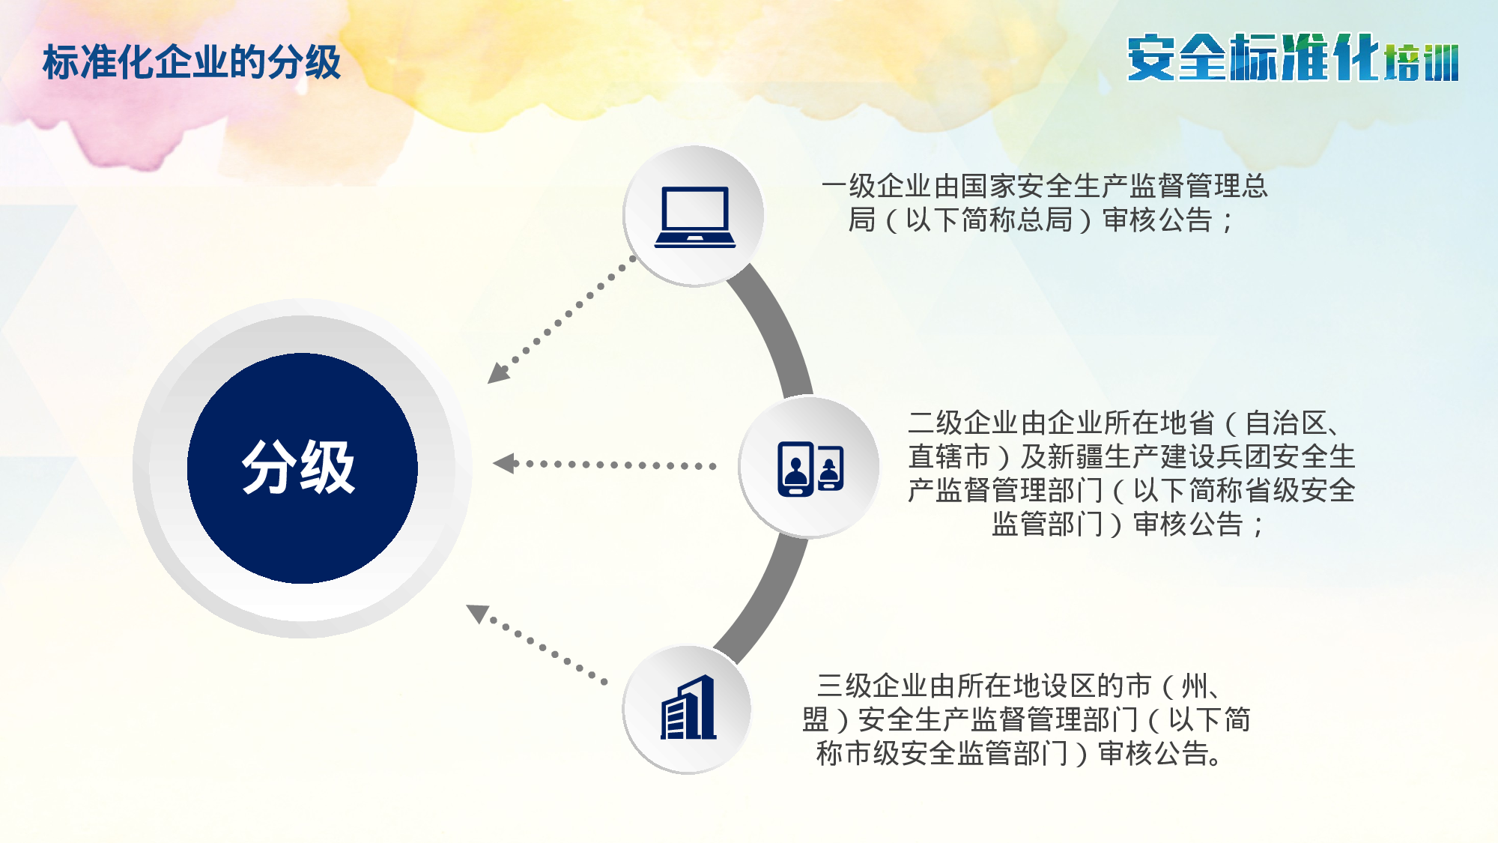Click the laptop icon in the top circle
coord(694,217)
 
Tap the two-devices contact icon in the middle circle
coord(810,468)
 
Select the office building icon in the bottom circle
coord(688,709)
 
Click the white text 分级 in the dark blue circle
coord(298,468)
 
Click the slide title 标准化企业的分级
coord(192,62)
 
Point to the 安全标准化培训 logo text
coord(1292,58)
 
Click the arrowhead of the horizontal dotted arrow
coord(503,464)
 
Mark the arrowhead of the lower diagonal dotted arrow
coord(477,612)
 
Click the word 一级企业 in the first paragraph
coord(877,186)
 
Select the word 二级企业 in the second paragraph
coord(963,423)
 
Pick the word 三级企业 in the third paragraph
coord(873,686)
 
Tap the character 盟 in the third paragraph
coord(815,720)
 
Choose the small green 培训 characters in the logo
coord(1421,63)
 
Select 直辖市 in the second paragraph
coord(949,457)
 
